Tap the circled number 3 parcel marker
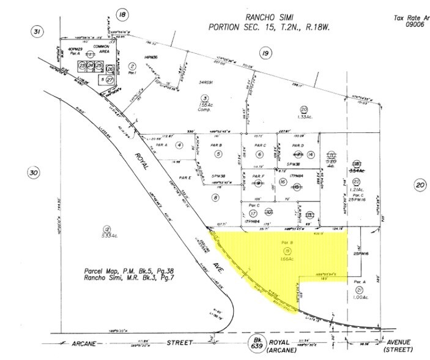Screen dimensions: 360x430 [206, 98]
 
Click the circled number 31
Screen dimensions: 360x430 [38, 31]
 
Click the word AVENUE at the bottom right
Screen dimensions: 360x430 [401, 342]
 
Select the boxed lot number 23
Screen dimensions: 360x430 [81, 65]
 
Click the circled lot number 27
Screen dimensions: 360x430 [110, 80]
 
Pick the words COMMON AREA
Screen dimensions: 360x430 [100, 50]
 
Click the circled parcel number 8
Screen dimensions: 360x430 [215, 197]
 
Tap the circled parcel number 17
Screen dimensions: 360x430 [253, 213]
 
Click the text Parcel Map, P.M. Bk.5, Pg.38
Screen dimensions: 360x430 [122, 270]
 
